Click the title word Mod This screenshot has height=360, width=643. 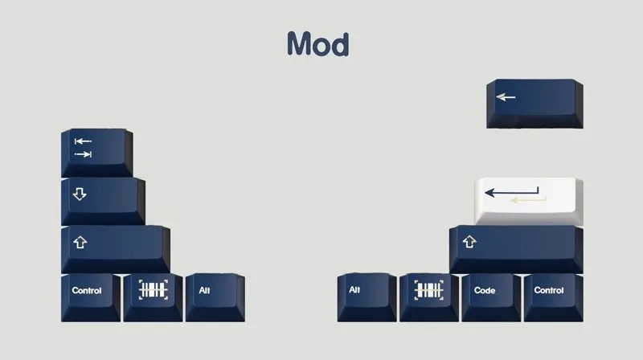[318, 43]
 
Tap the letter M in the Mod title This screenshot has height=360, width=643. [300, 43]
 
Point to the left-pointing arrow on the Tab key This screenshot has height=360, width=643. [83, 141]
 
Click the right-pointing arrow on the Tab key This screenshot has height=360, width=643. [83, 153]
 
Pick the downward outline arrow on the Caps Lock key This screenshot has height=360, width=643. [79, 194]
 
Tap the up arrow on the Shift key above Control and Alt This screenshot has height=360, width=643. [79, 242]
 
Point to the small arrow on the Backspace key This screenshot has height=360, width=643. [506, 97]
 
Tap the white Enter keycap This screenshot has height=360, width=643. [527, 199]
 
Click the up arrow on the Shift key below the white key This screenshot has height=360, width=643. [469, 242]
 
